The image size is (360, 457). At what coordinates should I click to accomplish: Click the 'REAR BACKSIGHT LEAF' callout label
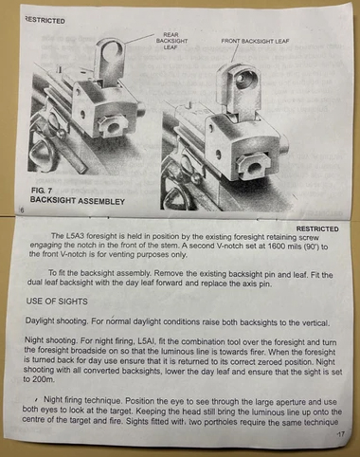pos(171,41)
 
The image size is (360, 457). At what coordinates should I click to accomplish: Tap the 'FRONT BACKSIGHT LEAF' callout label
pos(255,41)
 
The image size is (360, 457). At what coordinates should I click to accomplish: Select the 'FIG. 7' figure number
pos(42,191)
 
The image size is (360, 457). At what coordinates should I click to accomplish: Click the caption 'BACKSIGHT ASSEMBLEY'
pos(78,201)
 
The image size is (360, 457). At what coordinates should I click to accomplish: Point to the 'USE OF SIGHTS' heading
pos(57,302)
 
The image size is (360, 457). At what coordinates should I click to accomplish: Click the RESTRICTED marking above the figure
pos(45,21)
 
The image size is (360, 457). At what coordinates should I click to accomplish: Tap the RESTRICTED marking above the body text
pos(317,228)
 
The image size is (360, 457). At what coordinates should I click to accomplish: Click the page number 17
pos(341,434)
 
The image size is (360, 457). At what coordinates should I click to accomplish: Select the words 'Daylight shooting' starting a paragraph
pos(56,321)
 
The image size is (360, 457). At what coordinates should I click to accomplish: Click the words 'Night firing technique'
pos(82,400)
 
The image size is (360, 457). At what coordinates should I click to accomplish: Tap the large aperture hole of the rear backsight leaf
pos(110,52)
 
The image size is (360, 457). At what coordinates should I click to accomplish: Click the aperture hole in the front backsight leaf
pos(244,78)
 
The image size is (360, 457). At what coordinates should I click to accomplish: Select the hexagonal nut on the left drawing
pos(111,126)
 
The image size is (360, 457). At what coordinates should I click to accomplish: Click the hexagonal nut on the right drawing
pos(254,165)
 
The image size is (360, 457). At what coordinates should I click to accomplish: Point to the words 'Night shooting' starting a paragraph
pos(51,340)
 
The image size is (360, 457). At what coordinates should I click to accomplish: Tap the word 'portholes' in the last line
pos(219,422)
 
